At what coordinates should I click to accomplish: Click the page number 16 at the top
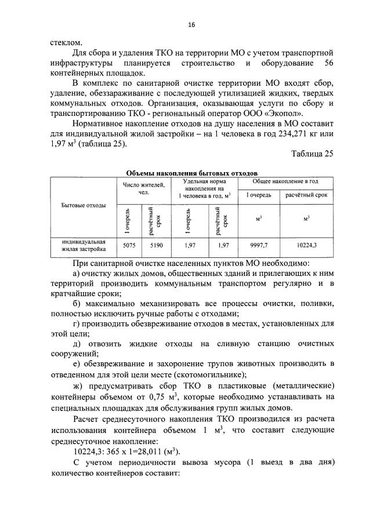click(x=191, y=24)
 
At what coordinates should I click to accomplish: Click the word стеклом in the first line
click(x=66, y=42)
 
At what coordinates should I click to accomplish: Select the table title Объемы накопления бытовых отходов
click(x=191, y=173)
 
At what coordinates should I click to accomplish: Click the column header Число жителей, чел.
click(x=143, y=188)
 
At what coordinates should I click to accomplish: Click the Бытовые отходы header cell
click(x=84, y=206)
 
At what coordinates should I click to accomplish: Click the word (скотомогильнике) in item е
click(x=222, y=375)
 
